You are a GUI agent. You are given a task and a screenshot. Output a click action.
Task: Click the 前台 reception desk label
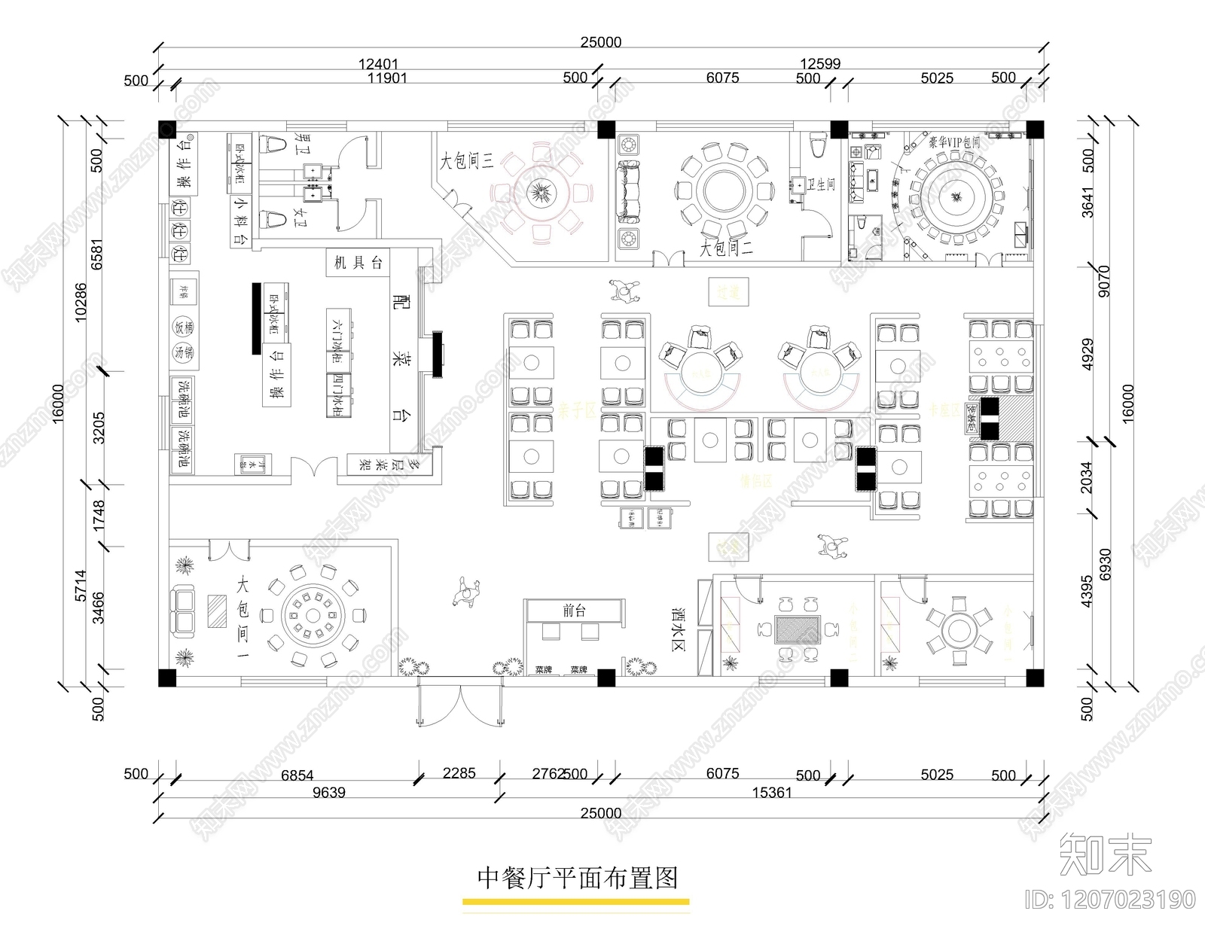(x=574, y=611)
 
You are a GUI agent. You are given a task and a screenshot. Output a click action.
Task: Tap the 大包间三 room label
(x=466, y=160)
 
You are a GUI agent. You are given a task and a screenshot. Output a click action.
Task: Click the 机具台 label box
(x=358, y=263)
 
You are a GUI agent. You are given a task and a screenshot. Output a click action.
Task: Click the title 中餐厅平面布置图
(x=578, y=878)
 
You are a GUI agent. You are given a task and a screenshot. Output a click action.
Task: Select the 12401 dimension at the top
(x=378, y=65)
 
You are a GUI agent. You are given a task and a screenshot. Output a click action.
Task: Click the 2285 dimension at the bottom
(x=459, y=774)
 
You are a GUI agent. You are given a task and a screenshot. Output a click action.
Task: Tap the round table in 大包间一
(x=313, y=617)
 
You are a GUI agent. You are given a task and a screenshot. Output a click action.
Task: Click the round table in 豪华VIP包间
(x=956, y=198)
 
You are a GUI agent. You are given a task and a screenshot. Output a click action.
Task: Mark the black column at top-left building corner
(x=167, y=129)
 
